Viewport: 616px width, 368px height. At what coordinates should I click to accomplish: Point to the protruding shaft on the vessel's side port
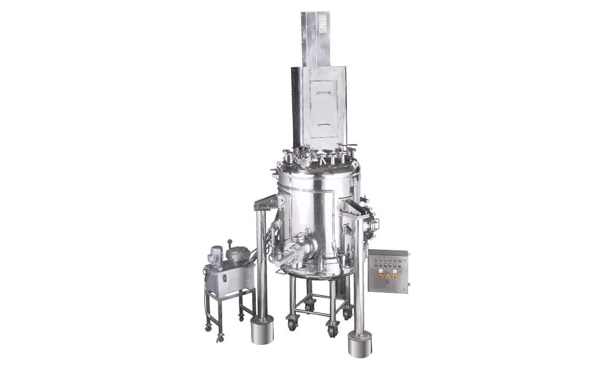[279, 258]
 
